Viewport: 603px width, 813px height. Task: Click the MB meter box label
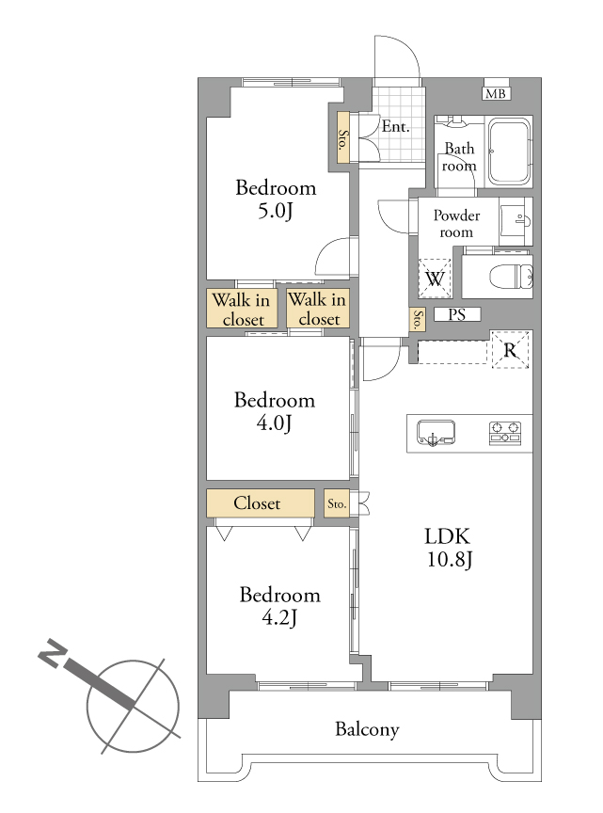point(496,94)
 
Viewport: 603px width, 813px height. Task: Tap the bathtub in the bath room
point(510,151)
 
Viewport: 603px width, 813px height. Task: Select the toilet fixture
point(511,277)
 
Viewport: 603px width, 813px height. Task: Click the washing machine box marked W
point(435,279)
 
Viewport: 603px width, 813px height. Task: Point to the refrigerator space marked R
point(510,349)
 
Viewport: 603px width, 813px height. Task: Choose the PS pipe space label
point(457,314)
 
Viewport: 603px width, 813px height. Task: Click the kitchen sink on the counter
point(436,433)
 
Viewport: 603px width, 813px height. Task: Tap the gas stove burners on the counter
point(505,434)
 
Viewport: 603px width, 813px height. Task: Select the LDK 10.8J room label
point(449,548)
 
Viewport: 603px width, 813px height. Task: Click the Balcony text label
point(367,729)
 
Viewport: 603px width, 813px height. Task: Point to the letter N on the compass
point(53,654)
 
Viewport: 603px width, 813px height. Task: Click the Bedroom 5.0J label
point(276,199)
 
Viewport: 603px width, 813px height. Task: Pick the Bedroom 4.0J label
point(275,411)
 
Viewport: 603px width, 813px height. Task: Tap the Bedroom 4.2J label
point(279,606)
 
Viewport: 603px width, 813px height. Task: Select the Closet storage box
point(261,502)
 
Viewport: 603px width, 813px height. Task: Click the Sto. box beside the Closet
point(337,502)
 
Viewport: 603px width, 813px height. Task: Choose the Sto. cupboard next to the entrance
point(343,137)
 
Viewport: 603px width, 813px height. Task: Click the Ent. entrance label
point(395,126)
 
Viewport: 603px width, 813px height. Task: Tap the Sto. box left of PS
point(418,320)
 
